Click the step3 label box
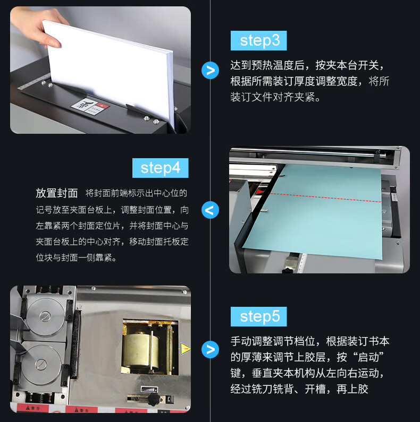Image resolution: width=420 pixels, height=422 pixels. [258, 41]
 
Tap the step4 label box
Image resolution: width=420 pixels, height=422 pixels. [160, 168]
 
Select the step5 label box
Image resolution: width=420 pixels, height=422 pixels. [258, 316]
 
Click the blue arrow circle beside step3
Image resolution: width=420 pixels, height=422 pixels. [210, 70]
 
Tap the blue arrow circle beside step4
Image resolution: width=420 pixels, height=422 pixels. [210, 210]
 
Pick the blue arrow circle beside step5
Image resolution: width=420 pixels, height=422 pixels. [210, 349]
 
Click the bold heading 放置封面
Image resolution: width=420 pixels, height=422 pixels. [56, 193]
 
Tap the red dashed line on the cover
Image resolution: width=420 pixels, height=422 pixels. [325, 198]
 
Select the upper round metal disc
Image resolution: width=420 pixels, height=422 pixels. [45, 316]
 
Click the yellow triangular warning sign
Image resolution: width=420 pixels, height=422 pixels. [185, 349]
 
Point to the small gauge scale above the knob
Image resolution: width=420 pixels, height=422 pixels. [149, 389]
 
